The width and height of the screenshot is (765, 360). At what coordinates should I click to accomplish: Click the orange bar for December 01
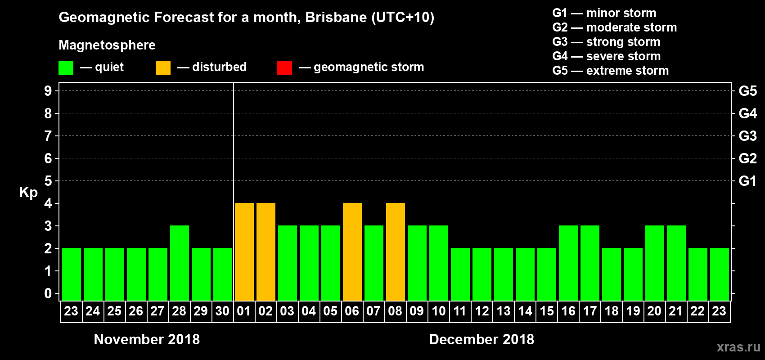244,252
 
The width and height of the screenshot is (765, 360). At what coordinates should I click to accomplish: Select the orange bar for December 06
352,252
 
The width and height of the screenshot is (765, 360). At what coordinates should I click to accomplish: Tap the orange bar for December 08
396,252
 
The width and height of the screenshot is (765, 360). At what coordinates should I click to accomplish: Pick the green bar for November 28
180,263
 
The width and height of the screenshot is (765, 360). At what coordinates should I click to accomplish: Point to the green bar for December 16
568,263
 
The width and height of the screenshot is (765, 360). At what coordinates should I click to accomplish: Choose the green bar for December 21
676,263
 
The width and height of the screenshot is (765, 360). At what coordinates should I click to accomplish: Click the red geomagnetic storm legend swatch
284,68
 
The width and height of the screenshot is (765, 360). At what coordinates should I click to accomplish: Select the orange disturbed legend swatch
163,68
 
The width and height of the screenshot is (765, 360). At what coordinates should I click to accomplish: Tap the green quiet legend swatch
66,68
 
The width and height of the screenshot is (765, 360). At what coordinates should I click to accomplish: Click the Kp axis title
28,192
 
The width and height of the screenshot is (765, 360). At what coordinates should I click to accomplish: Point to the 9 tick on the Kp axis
48,91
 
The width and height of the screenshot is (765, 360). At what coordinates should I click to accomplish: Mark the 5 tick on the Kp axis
48,181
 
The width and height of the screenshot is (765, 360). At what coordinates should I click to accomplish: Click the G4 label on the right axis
747,113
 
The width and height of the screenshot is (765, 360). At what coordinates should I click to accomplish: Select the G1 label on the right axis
747,181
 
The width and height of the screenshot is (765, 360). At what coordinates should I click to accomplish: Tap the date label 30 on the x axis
222,311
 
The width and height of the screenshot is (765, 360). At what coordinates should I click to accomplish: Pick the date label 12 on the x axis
481,311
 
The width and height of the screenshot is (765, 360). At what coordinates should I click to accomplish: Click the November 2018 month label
147,339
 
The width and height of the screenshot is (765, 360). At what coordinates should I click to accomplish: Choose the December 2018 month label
481,339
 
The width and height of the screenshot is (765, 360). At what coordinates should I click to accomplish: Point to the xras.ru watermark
738,347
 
